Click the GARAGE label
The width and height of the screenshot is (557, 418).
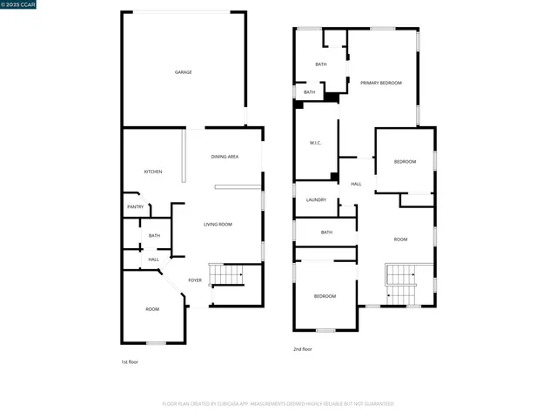(x=183, y=72)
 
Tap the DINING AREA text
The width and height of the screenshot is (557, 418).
(x=225, y=157)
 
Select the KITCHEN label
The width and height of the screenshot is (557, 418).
(x=153, y=172)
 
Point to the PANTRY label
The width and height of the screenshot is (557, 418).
(x=135, y=206)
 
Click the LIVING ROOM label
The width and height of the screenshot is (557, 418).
(x=218, y=225)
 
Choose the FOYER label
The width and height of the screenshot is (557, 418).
(x=195, y=280)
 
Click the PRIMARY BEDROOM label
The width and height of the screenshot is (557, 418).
(x=381, y=83)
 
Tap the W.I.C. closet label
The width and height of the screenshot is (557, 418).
(x=316, y=143)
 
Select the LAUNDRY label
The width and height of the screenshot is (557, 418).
(x=316, y=199)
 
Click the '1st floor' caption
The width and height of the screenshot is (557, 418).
(x=130, y=361)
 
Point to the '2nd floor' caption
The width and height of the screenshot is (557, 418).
(x=303, y=349)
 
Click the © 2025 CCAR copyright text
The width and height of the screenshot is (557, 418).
(x=20, y=6)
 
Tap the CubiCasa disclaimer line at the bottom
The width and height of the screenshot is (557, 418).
(x=278, y=403)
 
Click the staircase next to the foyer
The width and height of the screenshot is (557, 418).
(x=228, y=275)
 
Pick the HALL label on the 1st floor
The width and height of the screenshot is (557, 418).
(x=153, y=260)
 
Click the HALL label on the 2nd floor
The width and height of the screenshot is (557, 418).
(x=356, y=184)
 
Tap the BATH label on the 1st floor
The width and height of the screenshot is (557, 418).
(x=154, y=235)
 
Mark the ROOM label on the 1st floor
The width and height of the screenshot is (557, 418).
(x=152, y=309)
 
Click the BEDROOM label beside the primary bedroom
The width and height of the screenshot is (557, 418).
(x=405, y=162)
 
